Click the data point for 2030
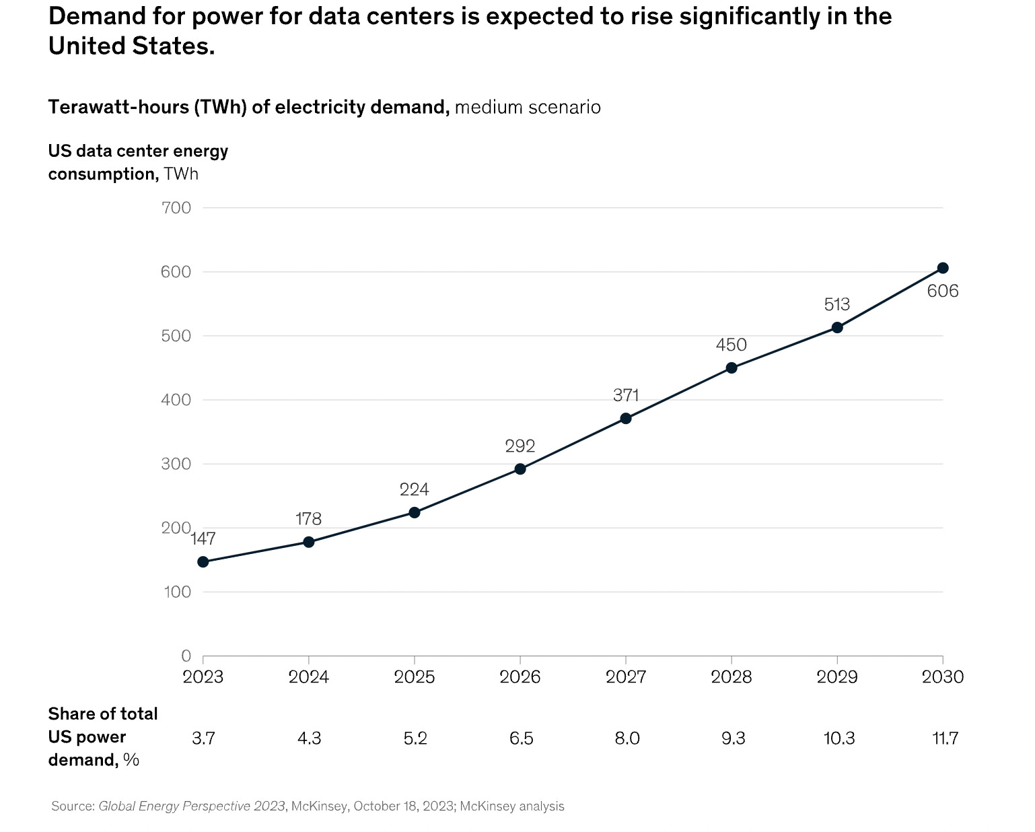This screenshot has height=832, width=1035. [x=943, y=268]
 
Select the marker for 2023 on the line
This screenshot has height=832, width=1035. [x=203, y=562]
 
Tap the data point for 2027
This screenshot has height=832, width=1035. [x=626, y=419]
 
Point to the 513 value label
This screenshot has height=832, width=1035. [x=837, y=305]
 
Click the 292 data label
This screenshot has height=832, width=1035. [x=520, y=446]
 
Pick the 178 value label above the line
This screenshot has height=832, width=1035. [x=309, y=519]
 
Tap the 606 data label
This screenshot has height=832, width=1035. [x=943, y=291]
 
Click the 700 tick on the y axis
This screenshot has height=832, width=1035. [x=177, y=208]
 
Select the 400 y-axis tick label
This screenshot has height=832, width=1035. [x=177, y=400]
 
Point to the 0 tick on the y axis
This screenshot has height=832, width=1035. [x=186, y=656]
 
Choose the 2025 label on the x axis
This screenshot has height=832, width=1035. [x=415, y=677]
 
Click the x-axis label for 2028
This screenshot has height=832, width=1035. [x=731, y=677]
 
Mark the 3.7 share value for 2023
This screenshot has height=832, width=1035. [x=203, y=738]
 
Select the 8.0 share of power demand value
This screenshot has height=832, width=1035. [x=627, y=738]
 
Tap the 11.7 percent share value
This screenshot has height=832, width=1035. [x=945, y=738]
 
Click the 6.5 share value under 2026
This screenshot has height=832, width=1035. [x=522, y=738]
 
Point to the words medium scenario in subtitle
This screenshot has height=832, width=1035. [x=528, y=107]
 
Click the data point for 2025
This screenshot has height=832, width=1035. [x=415, y=513]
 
